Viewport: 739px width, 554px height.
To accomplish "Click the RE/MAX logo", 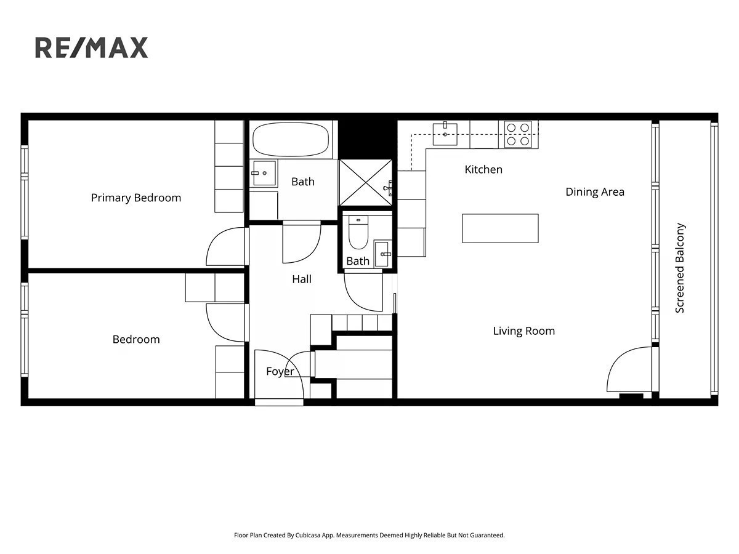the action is click(x=91, y=47).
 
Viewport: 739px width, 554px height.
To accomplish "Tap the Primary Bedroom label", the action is click(x=136, y=198).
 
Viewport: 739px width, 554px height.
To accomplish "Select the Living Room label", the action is click(x=524, y=331).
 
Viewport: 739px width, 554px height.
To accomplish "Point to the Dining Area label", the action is click(x=595, y=191).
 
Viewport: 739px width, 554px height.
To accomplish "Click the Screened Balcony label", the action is click(x=680, y=268).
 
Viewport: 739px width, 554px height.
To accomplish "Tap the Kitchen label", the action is click(x=483, y=169).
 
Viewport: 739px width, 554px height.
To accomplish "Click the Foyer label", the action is click(x=280, y=372).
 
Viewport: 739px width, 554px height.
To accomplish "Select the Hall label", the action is click(x=302, y=279).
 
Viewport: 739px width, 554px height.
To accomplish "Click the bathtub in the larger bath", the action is click(x=291, y=139).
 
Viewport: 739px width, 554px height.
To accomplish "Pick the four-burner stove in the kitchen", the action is click(x=518, y=134).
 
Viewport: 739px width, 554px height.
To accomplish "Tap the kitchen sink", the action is click(x=445, y=134).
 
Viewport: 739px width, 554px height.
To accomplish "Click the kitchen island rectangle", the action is click(x=500, y=228).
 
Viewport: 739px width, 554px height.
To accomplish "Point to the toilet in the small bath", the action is click(x=358, y=232).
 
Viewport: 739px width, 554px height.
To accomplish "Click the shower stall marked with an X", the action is click(x=366, y=183).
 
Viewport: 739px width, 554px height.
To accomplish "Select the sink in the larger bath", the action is click(x=265, y=173).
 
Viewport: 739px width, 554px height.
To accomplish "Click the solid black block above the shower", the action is click(x=368, y=140).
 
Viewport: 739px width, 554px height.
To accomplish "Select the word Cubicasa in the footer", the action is click(x=308, y=535).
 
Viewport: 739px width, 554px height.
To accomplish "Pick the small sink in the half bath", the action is click(x=382, y=254).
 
